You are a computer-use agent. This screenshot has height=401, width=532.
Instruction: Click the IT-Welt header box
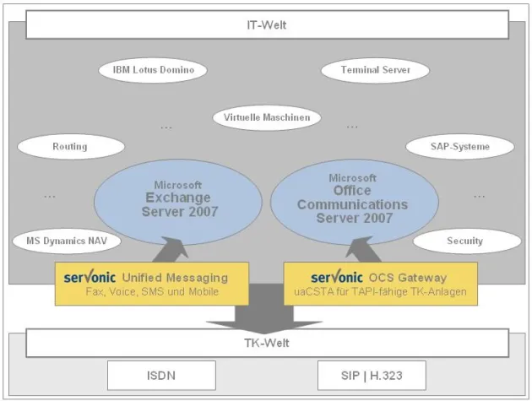pos(272,24)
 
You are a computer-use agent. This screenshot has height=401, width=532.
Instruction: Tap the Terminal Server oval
pos(376,70)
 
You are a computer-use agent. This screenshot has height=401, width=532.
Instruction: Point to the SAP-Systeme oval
pos(460,147)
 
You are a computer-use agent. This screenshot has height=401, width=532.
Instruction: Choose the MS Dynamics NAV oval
pos(67,241)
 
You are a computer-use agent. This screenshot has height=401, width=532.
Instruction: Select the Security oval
pos(464,241)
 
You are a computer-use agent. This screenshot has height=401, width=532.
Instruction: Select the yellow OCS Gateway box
pos(380,284)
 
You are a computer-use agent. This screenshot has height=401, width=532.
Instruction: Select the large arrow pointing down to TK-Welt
pos(267,312)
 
